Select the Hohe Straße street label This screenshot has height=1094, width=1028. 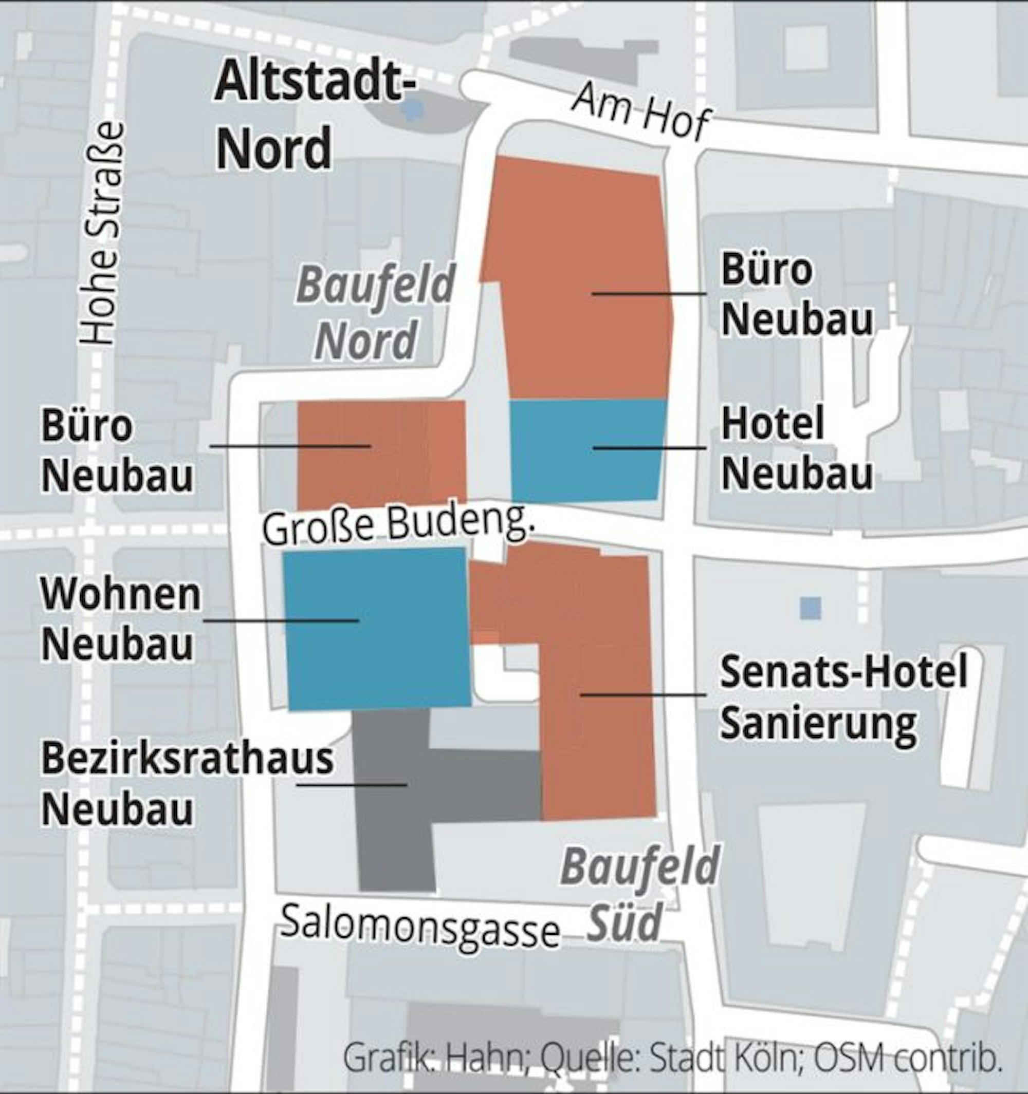tap(102, 234)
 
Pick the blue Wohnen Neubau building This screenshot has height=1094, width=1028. tap(377, 627)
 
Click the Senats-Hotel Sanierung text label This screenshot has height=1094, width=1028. tap(842, 698)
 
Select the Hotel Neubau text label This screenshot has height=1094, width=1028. tap(796, 448)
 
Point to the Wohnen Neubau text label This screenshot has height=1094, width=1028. tap(121, 619)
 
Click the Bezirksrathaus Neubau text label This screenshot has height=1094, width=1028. tap(187, 784)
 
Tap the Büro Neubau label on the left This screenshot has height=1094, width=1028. tap(117, 451)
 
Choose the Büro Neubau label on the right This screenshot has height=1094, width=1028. tap(796, 294)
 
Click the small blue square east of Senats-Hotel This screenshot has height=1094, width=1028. tap(810, 608)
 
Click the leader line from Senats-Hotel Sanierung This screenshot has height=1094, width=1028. tap(641, 695)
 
